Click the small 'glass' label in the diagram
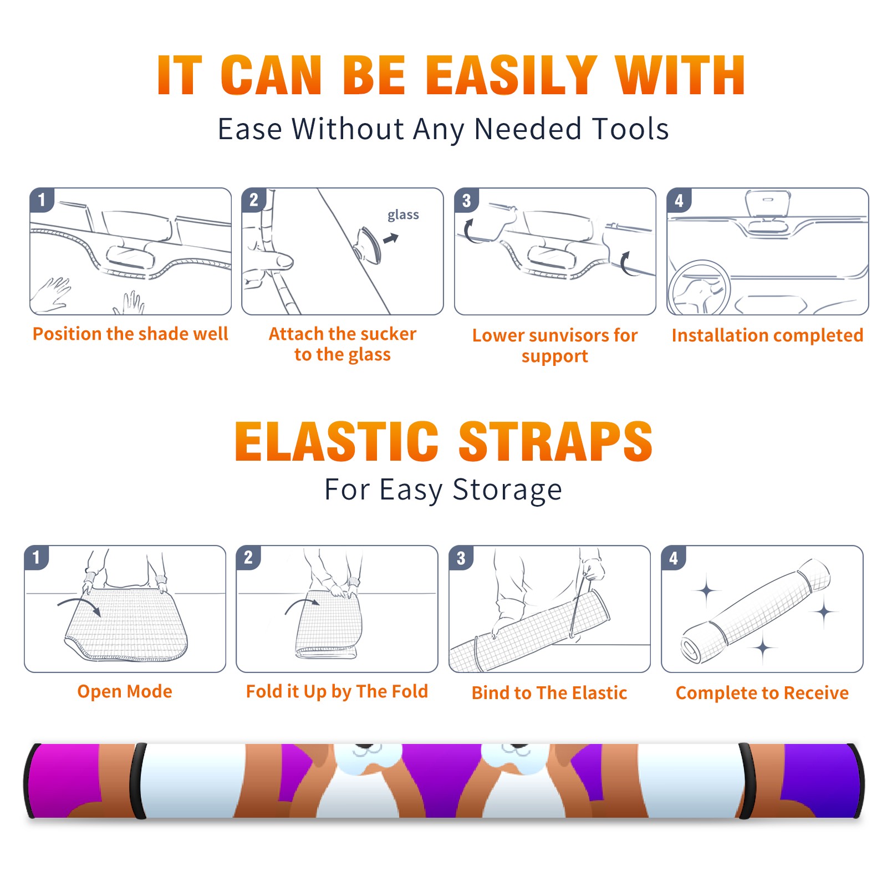[x=403, y=215]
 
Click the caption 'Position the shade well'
[x=130, y=334]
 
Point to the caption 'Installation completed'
[x=767, y=335]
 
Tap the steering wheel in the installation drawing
[x=699, y=288]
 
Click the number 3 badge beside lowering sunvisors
[x=466, y=201]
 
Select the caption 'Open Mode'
[x=125, y=691]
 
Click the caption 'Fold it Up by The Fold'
[x=337, y=691]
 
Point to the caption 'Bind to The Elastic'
[x=549, y=693]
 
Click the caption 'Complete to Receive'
[x=762, y=693]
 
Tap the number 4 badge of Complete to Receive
[x=674, y=558]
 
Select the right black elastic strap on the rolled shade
[x=746, y=781]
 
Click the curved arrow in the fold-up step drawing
[x=302, y=604]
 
